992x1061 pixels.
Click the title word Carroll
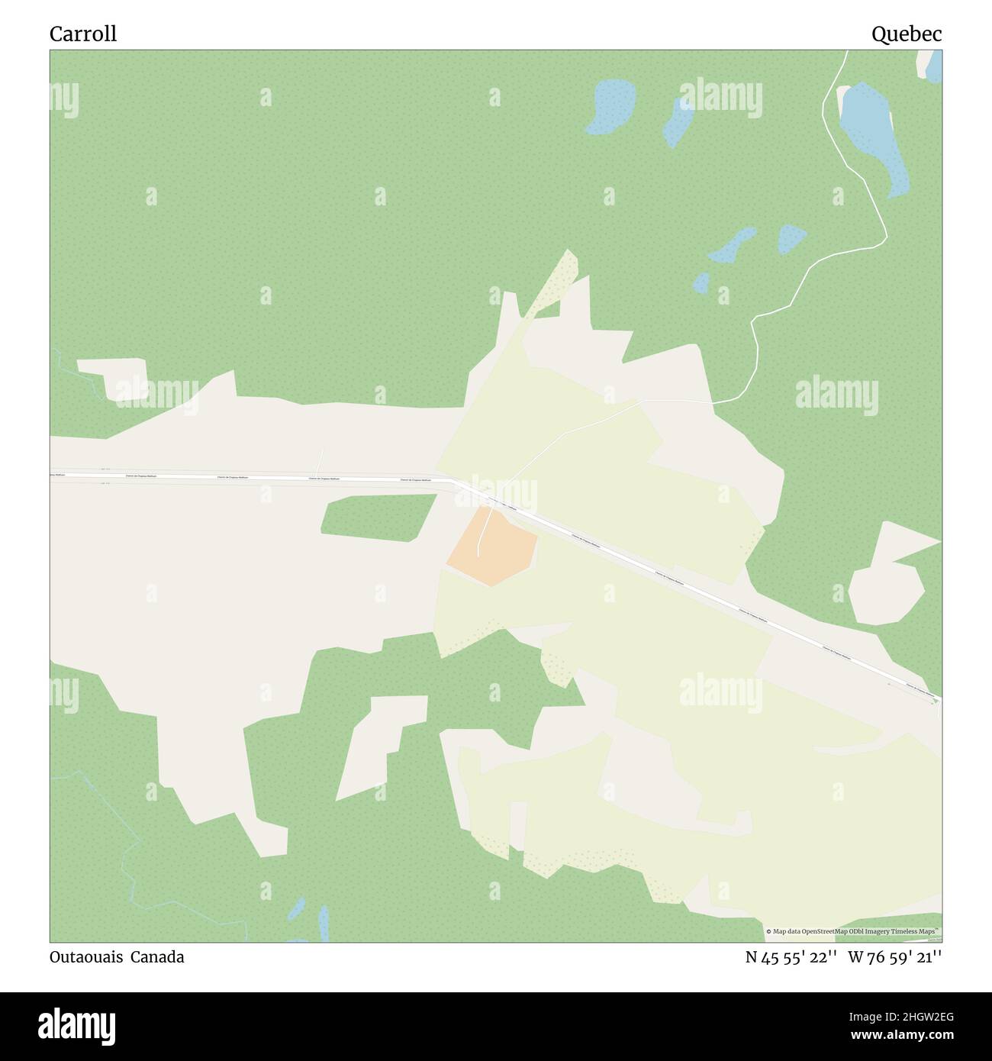83,34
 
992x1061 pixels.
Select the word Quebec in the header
907,34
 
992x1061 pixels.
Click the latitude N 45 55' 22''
791,956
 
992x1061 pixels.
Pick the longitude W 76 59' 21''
894,956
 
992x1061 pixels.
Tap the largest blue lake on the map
874,137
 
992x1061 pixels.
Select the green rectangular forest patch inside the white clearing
378,518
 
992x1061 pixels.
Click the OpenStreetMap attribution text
852,931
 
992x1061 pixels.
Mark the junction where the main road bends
452,480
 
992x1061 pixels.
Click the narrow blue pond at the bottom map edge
323,924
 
